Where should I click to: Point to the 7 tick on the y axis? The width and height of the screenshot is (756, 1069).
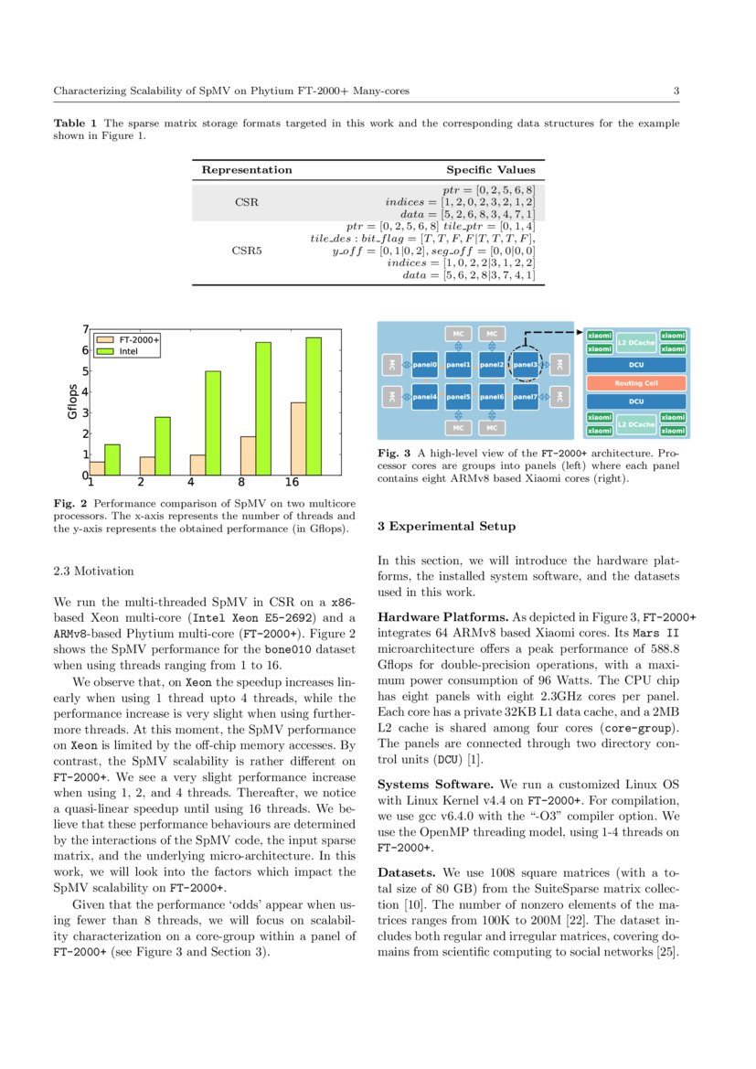pos(85,330)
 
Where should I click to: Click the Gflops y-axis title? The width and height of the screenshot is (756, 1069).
pos(72,402)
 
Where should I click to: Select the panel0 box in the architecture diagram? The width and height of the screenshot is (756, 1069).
pos(425,365)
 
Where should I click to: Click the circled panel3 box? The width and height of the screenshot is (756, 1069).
pos(526,365)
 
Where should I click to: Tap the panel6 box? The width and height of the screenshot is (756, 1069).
pos(492,398)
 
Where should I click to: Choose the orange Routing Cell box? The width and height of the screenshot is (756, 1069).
pos(636,383)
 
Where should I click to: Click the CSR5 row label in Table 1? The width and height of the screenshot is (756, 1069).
pos(246,247)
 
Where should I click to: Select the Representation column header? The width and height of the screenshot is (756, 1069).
pos(247,170)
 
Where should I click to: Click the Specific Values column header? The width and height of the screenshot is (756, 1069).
pos(490,170)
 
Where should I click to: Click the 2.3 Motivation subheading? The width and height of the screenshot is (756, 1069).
pos(93,572)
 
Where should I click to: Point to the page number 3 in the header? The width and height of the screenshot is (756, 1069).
pos(676,91)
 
